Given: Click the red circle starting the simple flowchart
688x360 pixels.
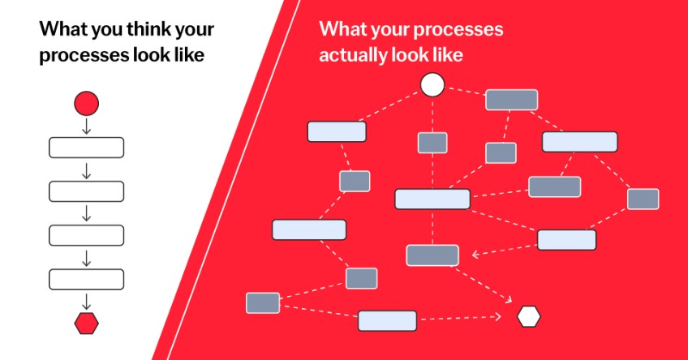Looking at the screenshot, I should (x=86, y=104).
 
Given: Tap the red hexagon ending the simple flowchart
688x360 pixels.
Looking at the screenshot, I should (x=86, y=324).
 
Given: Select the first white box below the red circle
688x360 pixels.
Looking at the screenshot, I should (x=86, y=148).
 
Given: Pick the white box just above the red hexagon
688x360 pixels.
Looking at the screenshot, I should (x=86, y=280).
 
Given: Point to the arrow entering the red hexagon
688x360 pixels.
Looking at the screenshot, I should (x=86, y=302).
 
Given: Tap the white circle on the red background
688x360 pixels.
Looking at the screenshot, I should (x=432, y=84).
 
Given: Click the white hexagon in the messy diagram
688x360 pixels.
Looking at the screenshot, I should (x=528, y=316).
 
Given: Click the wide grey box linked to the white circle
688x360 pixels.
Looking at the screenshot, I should (x=511, y=100).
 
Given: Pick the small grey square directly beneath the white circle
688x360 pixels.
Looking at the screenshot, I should (x=432, y=143).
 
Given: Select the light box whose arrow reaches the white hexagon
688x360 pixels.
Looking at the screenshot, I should (x=387, y=320).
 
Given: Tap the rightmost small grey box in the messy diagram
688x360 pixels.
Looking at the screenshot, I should (x=643, y=199).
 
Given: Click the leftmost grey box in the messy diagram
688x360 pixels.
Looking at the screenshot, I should (x=263, y=303).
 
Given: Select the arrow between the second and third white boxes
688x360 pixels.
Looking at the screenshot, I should (x=86, y=213).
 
